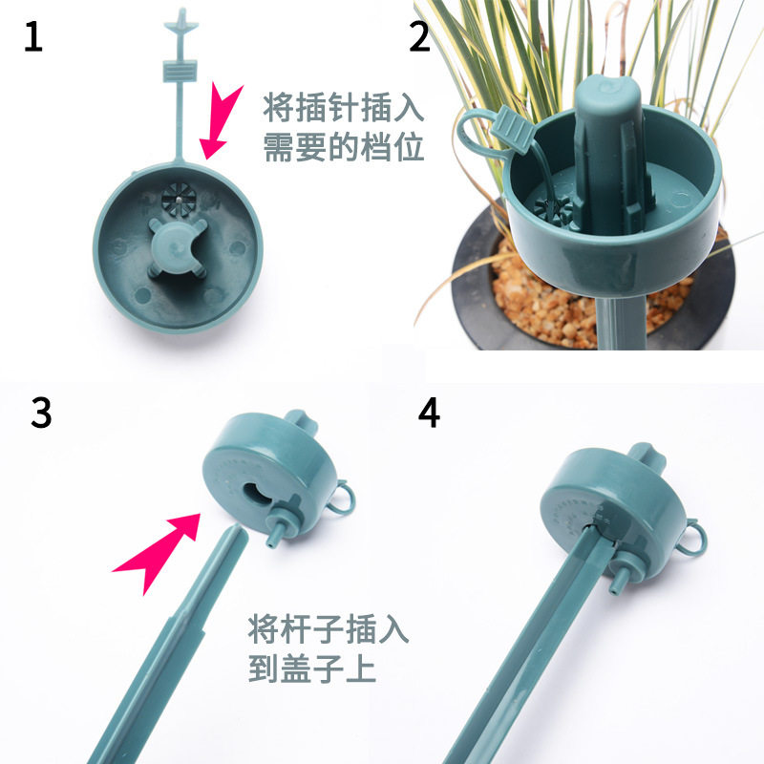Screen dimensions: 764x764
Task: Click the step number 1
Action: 33,36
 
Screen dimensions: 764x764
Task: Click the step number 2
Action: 419,36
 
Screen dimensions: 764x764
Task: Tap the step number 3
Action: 41,413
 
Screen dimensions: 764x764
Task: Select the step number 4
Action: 429,413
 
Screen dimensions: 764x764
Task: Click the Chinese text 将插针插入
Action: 344,108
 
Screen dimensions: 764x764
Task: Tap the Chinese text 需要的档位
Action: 344,147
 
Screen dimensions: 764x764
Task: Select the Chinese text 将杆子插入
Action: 328,629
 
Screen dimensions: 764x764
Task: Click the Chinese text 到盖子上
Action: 312,668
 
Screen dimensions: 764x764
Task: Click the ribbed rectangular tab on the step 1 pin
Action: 180,71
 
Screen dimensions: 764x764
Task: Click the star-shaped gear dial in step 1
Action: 179,200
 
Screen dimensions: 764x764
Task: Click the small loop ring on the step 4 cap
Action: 694,537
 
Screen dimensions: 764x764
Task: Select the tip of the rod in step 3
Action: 239,530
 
